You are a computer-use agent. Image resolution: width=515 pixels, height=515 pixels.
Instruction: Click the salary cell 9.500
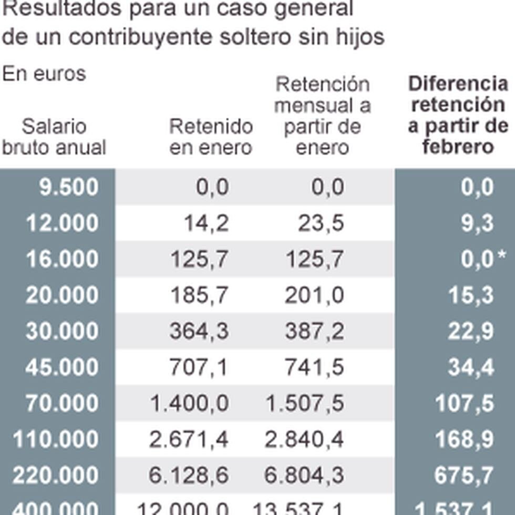(x=68, y=188)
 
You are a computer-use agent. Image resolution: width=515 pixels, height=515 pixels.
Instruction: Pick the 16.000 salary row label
(x=62, y=260)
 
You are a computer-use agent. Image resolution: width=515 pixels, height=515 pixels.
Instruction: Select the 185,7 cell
(x=200, y=296)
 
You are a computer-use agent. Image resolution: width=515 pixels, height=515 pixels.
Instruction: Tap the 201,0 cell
(x=314, y=296)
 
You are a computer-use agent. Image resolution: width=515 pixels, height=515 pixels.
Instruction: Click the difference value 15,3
(x=471, y=296)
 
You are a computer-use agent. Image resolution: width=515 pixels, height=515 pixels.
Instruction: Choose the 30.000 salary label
(x=62, y=332)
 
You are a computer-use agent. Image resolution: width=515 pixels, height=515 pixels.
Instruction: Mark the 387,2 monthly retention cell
(x=314, y=332)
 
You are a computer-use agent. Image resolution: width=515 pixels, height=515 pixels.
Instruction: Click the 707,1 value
(x=199, y=368)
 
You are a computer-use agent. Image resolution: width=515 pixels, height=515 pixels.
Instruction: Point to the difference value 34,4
(x=471, y=368)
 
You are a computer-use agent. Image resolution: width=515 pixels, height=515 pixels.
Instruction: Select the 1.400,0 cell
(x=189, y=404)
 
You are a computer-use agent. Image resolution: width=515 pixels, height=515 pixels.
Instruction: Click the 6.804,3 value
(x=304, y=476)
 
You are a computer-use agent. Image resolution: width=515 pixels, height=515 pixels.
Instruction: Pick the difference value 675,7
(x=465, y=476)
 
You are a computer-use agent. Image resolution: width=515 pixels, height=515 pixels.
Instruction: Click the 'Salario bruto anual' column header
(x=54, y=137)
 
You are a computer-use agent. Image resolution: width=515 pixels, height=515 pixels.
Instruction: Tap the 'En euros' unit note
(x=44, y=74)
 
